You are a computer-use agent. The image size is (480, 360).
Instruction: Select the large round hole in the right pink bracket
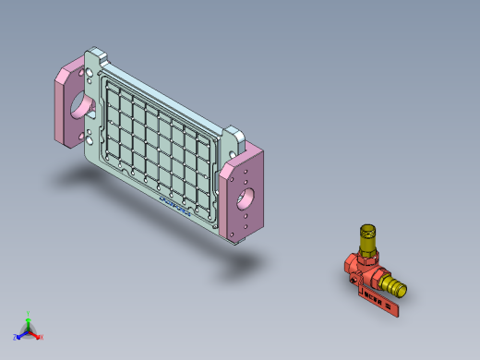click(x=246, y=196)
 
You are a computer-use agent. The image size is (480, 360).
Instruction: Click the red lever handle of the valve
click(x=379, y=302)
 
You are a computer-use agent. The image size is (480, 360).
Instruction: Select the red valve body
click(x=362, y=270)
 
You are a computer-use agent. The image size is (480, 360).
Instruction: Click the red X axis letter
click(x=42, y=337)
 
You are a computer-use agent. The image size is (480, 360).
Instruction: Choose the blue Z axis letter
click(x=15, y=337)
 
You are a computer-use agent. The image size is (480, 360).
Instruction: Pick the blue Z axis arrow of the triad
click(x=21, y=333)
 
